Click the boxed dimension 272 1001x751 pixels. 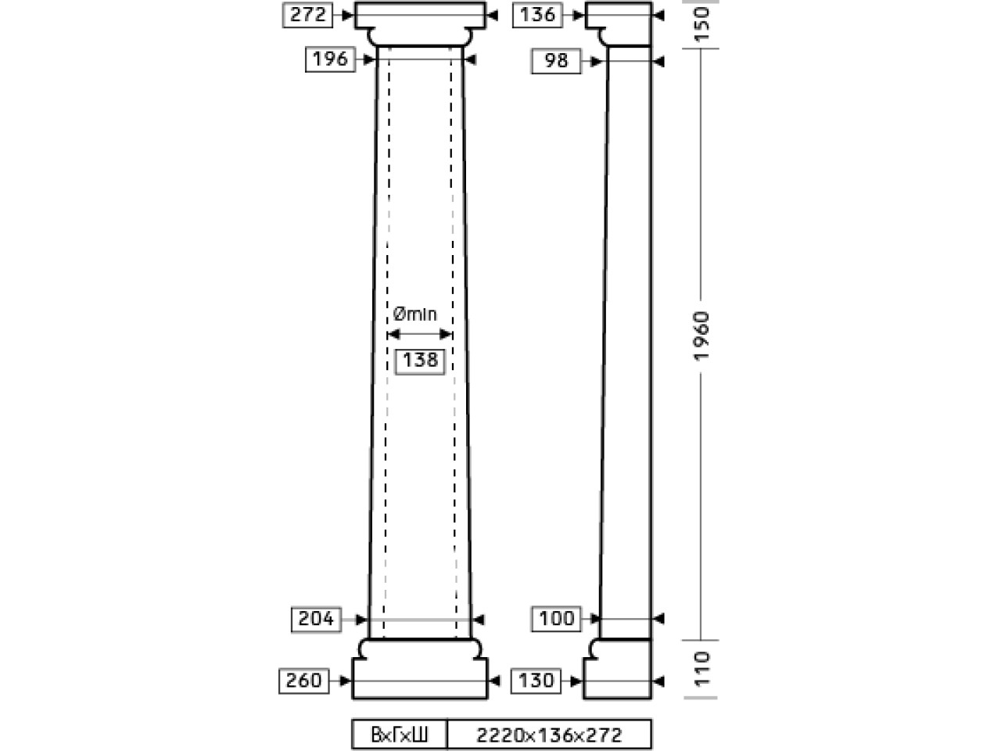tap(307, 15)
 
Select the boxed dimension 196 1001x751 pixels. tap(330, 59)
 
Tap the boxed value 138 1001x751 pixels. tap(419, 361)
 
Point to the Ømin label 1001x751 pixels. tap(414, 314)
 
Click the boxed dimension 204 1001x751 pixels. tap(316, 620)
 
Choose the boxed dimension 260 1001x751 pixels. tap(303, 681)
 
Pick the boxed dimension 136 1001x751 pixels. tap(538, 15)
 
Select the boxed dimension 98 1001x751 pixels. tap(556, 61)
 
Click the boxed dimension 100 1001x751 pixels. tap(556, 619)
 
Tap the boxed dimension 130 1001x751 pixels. tap(536, 681)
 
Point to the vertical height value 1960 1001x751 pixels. tap(701, 336)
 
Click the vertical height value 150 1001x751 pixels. tap(701, 24)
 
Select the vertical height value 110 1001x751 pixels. tap(701, 669)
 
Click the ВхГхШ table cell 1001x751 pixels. tap(400, 735)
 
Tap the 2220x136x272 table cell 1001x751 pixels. tap(549, 735)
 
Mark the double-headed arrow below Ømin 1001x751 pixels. tap(419, 334)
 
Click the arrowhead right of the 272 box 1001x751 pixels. tap(347, 15)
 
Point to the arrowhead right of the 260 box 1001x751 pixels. tap(345, 681)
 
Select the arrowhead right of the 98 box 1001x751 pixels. tap(596, 62)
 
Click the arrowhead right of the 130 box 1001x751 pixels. tap(576, 681)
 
